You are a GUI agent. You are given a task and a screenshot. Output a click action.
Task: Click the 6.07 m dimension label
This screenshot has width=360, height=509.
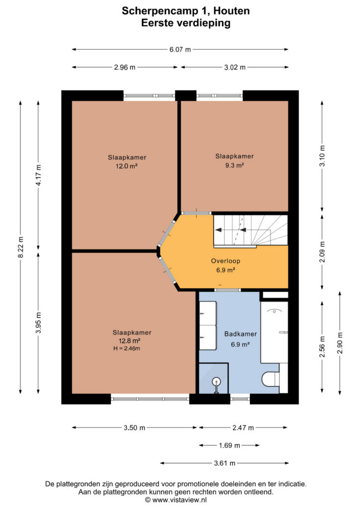(180, 50)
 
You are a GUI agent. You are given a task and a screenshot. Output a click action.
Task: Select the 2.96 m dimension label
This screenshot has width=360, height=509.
(125, 68)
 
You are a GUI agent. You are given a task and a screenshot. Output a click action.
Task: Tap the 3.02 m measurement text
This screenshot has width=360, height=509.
(235, 68)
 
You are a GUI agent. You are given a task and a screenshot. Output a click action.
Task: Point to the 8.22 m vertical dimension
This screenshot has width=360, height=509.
(20, 247)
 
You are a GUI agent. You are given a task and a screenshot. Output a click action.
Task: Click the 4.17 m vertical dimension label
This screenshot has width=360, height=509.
(38, 175)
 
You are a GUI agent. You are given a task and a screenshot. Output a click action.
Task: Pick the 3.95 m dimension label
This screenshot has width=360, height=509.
(38, 322)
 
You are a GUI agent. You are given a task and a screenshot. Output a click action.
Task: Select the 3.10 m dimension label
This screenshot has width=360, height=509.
(322, 156)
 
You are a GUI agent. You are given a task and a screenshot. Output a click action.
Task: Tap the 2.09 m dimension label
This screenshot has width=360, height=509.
(322, 252)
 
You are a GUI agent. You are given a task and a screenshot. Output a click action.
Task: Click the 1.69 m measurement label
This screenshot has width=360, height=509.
(229, 445)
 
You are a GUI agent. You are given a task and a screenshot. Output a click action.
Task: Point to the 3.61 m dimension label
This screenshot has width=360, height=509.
(224, 463)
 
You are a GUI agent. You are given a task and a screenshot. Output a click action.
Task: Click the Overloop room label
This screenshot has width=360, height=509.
(226, 261)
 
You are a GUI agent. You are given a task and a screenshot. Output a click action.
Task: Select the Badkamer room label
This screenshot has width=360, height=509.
(241, 334)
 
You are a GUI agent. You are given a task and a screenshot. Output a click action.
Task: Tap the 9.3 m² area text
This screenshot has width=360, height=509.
(234, 165)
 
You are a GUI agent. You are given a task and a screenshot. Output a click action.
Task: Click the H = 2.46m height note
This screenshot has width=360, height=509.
(127, 348)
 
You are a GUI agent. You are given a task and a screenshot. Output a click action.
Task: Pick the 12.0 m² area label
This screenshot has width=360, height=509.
(127, 166)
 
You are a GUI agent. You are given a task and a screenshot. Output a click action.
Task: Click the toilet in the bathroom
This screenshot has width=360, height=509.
(270, 379)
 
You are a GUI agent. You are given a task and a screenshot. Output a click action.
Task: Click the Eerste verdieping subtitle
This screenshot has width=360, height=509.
(185, 23)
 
